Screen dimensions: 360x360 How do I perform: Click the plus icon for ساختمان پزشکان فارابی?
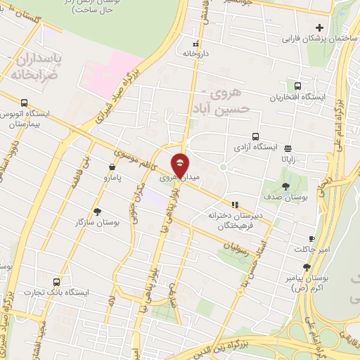[x=320, y=28]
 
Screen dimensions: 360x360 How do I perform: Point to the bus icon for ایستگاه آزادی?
[x=255, y=137]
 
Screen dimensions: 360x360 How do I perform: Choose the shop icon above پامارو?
[x=112, y=167]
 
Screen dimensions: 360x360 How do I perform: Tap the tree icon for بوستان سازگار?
[x=97, y=211]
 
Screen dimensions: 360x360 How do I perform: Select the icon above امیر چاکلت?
[x=312, y=239]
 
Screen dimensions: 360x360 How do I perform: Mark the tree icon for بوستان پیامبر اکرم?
[x=307, y=267]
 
